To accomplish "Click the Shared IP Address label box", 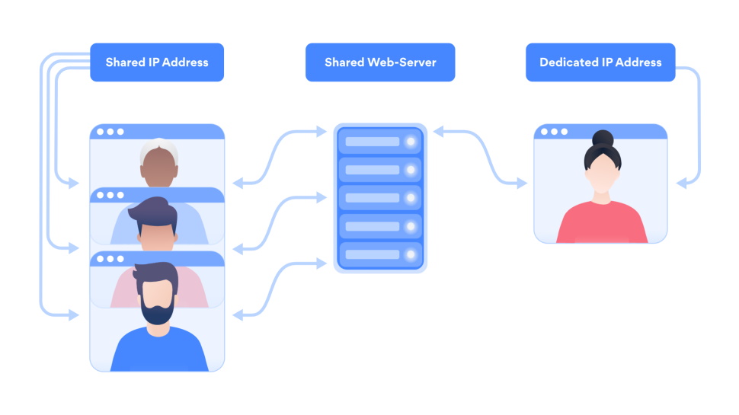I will coord(157,62).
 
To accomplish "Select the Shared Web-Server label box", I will coord(379,62).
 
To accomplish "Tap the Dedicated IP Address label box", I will coord(600,62).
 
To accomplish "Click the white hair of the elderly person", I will coord(158,148).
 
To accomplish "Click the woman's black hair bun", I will coord(603,139).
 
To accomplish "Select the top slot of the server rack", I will coord(379,142).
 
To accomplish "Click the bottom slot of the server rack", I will coord(379,254).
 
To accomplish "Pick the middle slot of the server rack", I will coord(379,198).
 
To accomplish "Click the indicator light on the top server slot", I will coord(411,142).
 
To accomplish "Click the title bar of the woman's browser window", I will coord(600,132).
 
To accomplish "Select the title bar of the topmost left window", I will coord(157,132).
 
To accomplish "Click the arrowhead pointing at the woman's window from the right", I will coord(682,184).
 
